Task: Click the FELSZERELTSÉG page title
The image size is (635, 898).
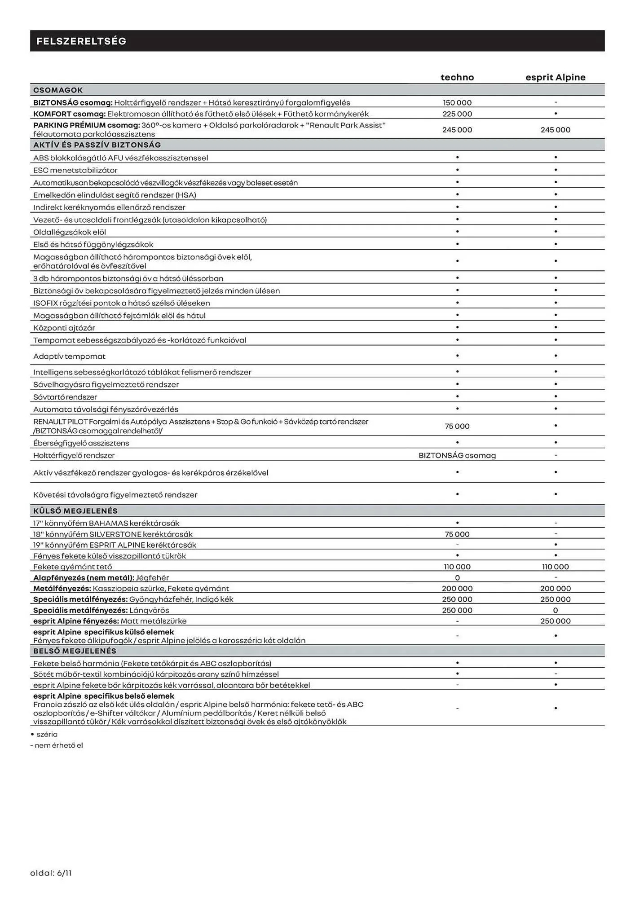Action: pyautogui.click(x=81, y=41)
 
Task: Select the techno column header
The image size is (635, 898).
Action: pyautogui.click(x=457, y=77)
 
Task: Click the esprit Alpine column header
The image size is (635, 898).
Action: pyautogui.click(x=556, y=77)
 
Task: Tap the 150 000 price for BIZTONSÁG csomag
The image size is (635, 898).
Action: pyautogui.click(x=457, y=103)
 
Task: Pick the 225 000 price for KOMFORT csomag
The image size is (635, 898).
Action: pyautogui.click(x=457, y=114)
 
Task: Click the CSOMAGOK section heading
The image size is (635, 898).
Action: pyautogui.click(x=58, y=90)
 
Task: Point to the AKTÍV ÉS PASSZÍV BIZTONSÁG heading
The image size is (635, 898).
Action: pyautogui.click(x=97, y=145)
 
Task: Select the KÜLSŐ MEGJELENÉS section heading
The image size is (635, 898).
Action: pyautogui.click(x=75, y=511)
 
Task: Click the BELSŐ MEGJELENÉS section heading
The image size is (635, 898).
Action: pyautogui.click(x=75, y=651)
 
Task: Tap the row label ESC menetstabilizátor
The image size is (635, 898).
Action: pyautogui.click(x=75, y=170)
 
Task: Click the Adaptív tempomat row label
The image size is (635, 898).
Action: pyautogui.click(x=70, y=357)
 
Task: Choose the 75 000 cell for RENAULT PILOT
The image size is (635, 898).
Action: pyautogui.click(x=457, y=426)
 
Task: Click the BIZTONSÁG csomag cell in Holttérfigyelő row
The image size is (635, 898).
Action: pyautogui.click(x=457, y=455)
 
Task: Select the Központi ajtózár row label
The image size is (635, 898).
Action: pyautogui.click(x=64, y=328)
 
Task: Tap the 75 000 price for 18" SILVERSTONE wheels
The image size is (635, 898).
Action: pyautogui.click(x=457, y=534)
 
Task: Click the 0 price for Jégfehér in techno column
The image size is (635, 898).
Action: pyautogui.click(x=457, y=578)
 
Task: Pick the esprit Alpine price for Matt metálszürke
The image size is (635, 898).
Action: pyautogui.click(x=556, y=621)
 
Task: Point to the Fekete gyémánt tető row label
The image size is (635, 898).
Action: pyautogui.click(x=73, y=567)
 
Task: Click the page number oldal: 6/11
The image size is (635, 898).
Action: pyautogui.click(x=51, y=873)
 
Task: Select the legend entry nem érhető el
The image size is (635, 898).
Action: pyautogui.click(x=58, y=745)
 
